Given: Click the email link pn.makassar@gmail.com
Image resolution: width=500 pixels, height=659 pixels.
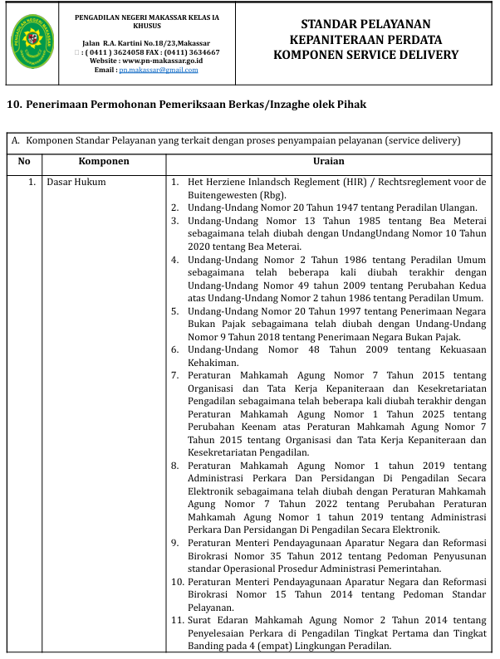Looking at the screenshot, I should click(x=158, y=71).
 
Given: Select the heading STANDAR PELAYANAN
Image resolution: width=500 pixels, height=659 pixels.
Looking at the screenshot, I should click(x=365, y=23).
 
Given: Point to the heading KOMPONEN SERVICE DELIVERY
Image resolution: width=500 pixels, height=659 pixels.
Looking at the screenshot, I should click(x=365, y=55).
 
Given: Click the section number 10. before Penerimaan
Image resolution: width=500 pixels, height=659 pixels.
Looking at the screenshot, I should click(x=14, y=105).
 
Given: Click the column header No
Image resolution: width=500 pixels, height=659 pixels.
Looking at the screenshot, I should click(x=24, y=161).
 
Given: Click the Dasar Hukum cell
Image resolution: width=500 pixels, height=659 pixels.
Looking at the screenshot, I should click(x=76, y=181).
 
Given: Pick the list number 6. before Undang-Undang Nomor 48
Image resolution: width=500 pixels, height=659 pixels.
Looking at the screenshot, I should click(x=175, y=349).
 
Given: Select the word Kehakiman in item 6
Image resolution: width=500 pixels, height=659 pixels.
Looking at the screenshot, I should click(x=213, y=363).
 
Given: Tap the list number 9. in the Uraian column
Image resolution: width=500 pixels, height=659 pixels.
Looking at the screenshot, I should click(x=175, y=543).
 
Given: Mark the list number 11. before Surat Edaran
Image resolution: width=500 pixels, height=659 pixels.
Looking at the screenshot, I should click(x=177, y=620).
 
